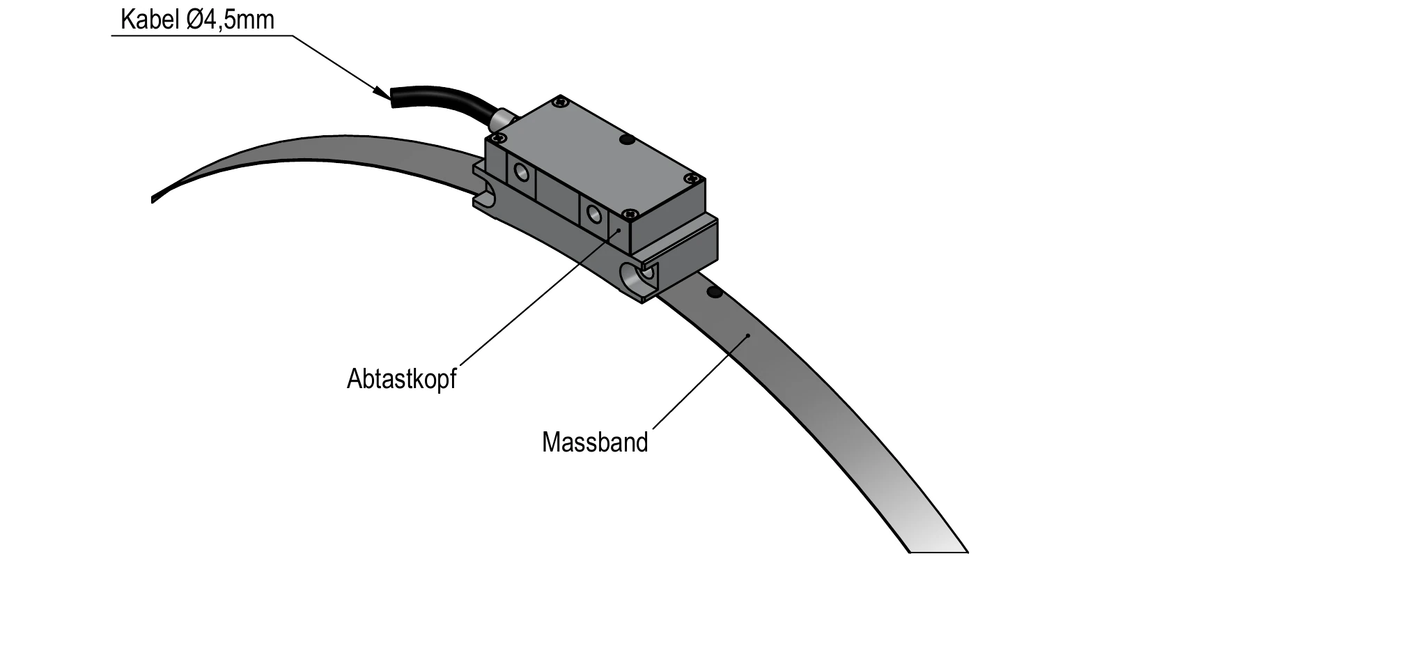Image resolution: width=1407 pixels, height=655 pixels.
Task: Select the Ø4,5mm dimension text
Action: [231, 20]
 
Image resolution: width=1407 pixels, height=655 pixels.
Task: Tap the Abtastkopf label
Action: [402, 378]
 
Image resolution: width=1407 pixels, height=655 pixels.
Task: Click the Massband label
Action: [595, 442]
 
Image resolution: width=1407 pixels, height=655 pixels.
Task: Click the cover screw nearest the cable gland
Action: [495, 137]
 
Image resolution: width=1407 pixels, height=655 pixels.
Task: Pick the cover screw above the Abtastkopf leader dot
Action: [630, 213]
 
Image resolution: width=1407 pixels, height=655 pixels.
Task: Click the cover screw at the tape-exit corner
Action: [690, 179]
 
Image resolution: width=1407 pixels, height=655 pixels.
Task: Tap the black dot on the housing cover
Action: [627, 140]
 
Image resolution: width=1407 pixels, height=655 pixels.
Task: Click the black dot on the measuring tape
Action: [713, 292]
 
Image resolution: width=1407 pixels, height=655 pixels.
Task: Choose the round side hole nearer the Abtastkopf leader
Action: [594, 213]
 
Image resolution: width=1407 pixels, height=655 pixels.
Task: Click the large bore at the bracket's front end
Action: [637, 277]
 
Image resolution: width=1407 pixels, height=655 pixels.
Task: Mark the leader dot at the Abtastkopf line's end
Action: [618, 228]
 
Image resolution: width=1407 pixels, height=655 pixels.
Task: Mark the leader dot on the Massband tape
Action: [747, 335]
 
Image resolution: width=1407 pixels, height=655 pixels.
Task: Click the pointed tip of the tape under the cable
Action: [153, 200]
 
